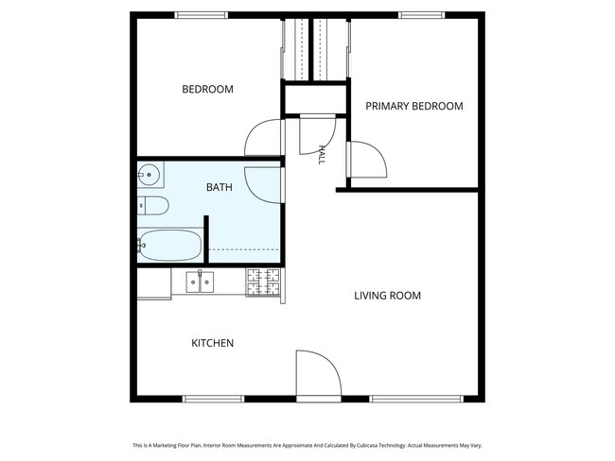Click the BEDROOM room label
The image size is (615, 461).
pyautogui.click(x=207, y=90)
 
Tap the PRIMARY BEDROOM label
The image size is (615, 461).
pyautogui.click(x=414, y=106)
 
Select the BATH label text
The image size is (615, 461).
pyautogui.click(x=220, y=187)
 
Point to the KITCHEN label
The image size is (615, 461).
pyautogui.click(x=213, y=343)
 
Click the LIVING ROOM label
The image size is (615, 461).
pyautogui.click(x=388, y=296)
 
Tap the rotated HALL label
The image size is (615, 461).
pyautogui.click(x=322, y=155)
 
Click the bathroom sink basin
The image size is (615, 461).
pyautogui.click(x=149, y=175)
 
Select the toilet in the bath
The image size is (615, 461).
pyautogui.click(x=153, y=206)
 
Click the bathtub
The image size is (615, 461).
pyautogui.click(x=170, y=246)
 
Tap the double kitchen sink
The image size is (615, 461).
pyautogui.click(x=200, y=282)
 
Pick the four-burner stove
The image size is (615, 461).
pyautogui.click(x=263, y=282)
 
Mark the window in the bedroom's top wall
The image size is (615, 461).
pyautogui.click(x=201, y=15)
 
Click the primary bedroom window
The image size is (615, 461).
pyautogui.click(x=422, y=15)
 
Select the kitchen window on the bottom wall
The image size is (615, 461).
pyautogui.click(x=214, y=399)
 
